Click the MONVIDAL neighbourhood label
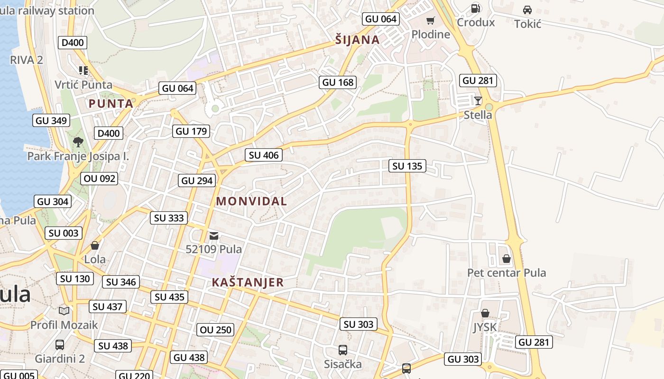click(251, 201)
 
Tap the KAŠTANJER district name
click(248, 283)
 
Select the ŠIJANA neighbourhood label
click(358, 40)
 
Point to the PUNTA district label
click(111, 104)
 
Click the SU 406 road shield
click(264, 155)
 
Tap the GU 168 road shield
click(338, 82)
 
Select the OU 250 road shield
click(216, 330)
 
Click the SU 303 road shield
click(359, 324)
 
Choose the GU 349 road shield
click(51, 120)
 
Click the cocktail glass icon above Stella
click(478, 100)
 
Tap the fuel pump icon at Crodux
click(475, 8)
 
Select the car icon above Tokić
click(527, 9)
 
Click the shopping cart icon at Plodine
click(430, 20)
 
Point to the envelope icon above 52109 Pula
click(214, 235)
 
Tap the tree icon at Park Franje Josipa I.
click(78, 142)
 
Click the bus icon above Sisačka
click(343, 350)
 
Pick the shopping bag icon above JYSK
click(485, 313)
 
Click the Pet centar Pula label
click(507, 273)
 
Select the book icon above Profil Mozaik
click(64, 311)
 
